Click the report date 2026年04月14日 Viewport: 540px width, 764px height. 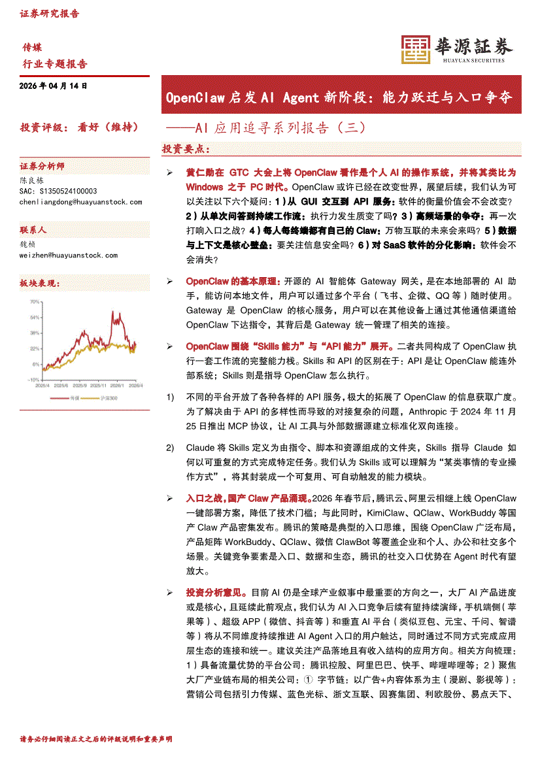point(54,86)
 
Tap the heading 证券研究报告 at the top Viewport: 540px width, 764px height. point(50,13)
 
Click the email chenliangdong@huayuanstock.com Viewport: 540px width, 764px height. point(81,202)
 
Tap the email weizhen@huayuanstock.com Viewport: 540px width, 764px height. point(69,255)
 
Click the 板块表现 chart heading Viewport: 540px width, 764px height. point(40,284)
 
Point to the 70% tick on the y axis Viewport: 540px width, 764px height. point(35,302)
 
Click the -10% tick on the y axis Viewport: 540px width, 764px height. point(33,379)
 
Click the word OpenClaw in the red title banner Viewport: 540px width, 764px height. point(195,99)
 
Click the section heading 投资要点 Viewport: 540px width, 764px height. point(186,149)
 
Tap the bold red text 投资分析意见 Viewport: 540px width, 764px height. point(216,592)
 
